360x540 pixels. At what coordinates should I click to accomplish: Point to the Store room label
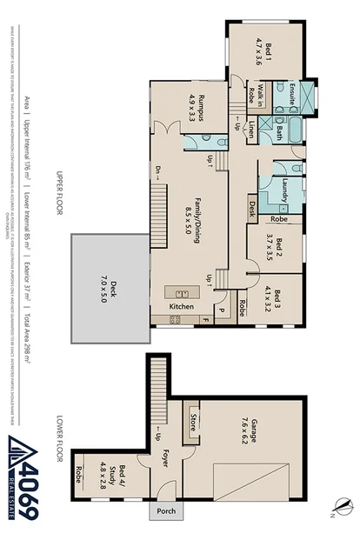[x=192, y=423]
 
